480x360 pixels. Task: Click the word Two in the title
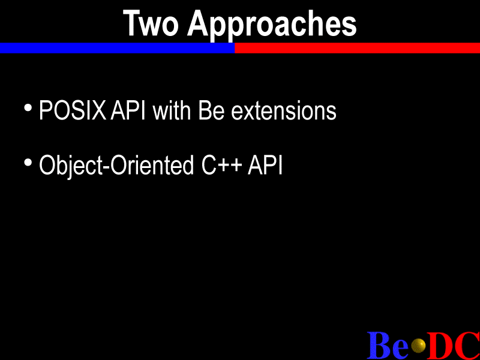(x=151, y=23)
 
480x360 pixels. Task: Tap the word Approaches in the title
(x=272, y=25)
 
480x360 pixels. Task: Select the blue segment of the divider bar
(x=117, y=48)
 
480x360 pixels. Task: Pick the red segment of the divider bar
(x=357, y=48)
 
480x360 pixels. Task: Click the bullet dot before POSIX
(x=28, y=108)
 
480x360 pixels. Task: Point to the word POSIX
(x=73, y=110)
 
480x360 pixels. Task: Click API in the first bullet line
(x=128, y=110)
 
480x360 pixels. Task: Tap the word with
(x=172, y=110)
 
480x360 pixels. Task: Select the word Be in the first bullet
(x=212, y=110)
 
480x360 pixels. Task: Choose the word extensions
(x=284, y=111)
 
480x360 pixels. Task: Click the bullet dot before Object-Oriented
(x=28, y=163)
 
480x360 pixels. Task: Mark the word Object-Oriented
(x=116, y=166)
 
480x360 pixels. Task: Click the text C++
(x=221, y=165)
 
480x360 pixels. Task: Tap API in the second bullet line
(x=265, y=165)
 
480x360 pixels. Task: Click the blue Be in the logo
(x=388, y=345)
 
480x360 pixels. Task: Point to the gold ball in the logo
(x=418, y=346)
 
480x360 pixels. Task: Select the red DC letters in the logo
(x=454, y=345)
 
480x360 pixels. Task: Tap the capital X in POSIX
(x=98, y=110)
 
